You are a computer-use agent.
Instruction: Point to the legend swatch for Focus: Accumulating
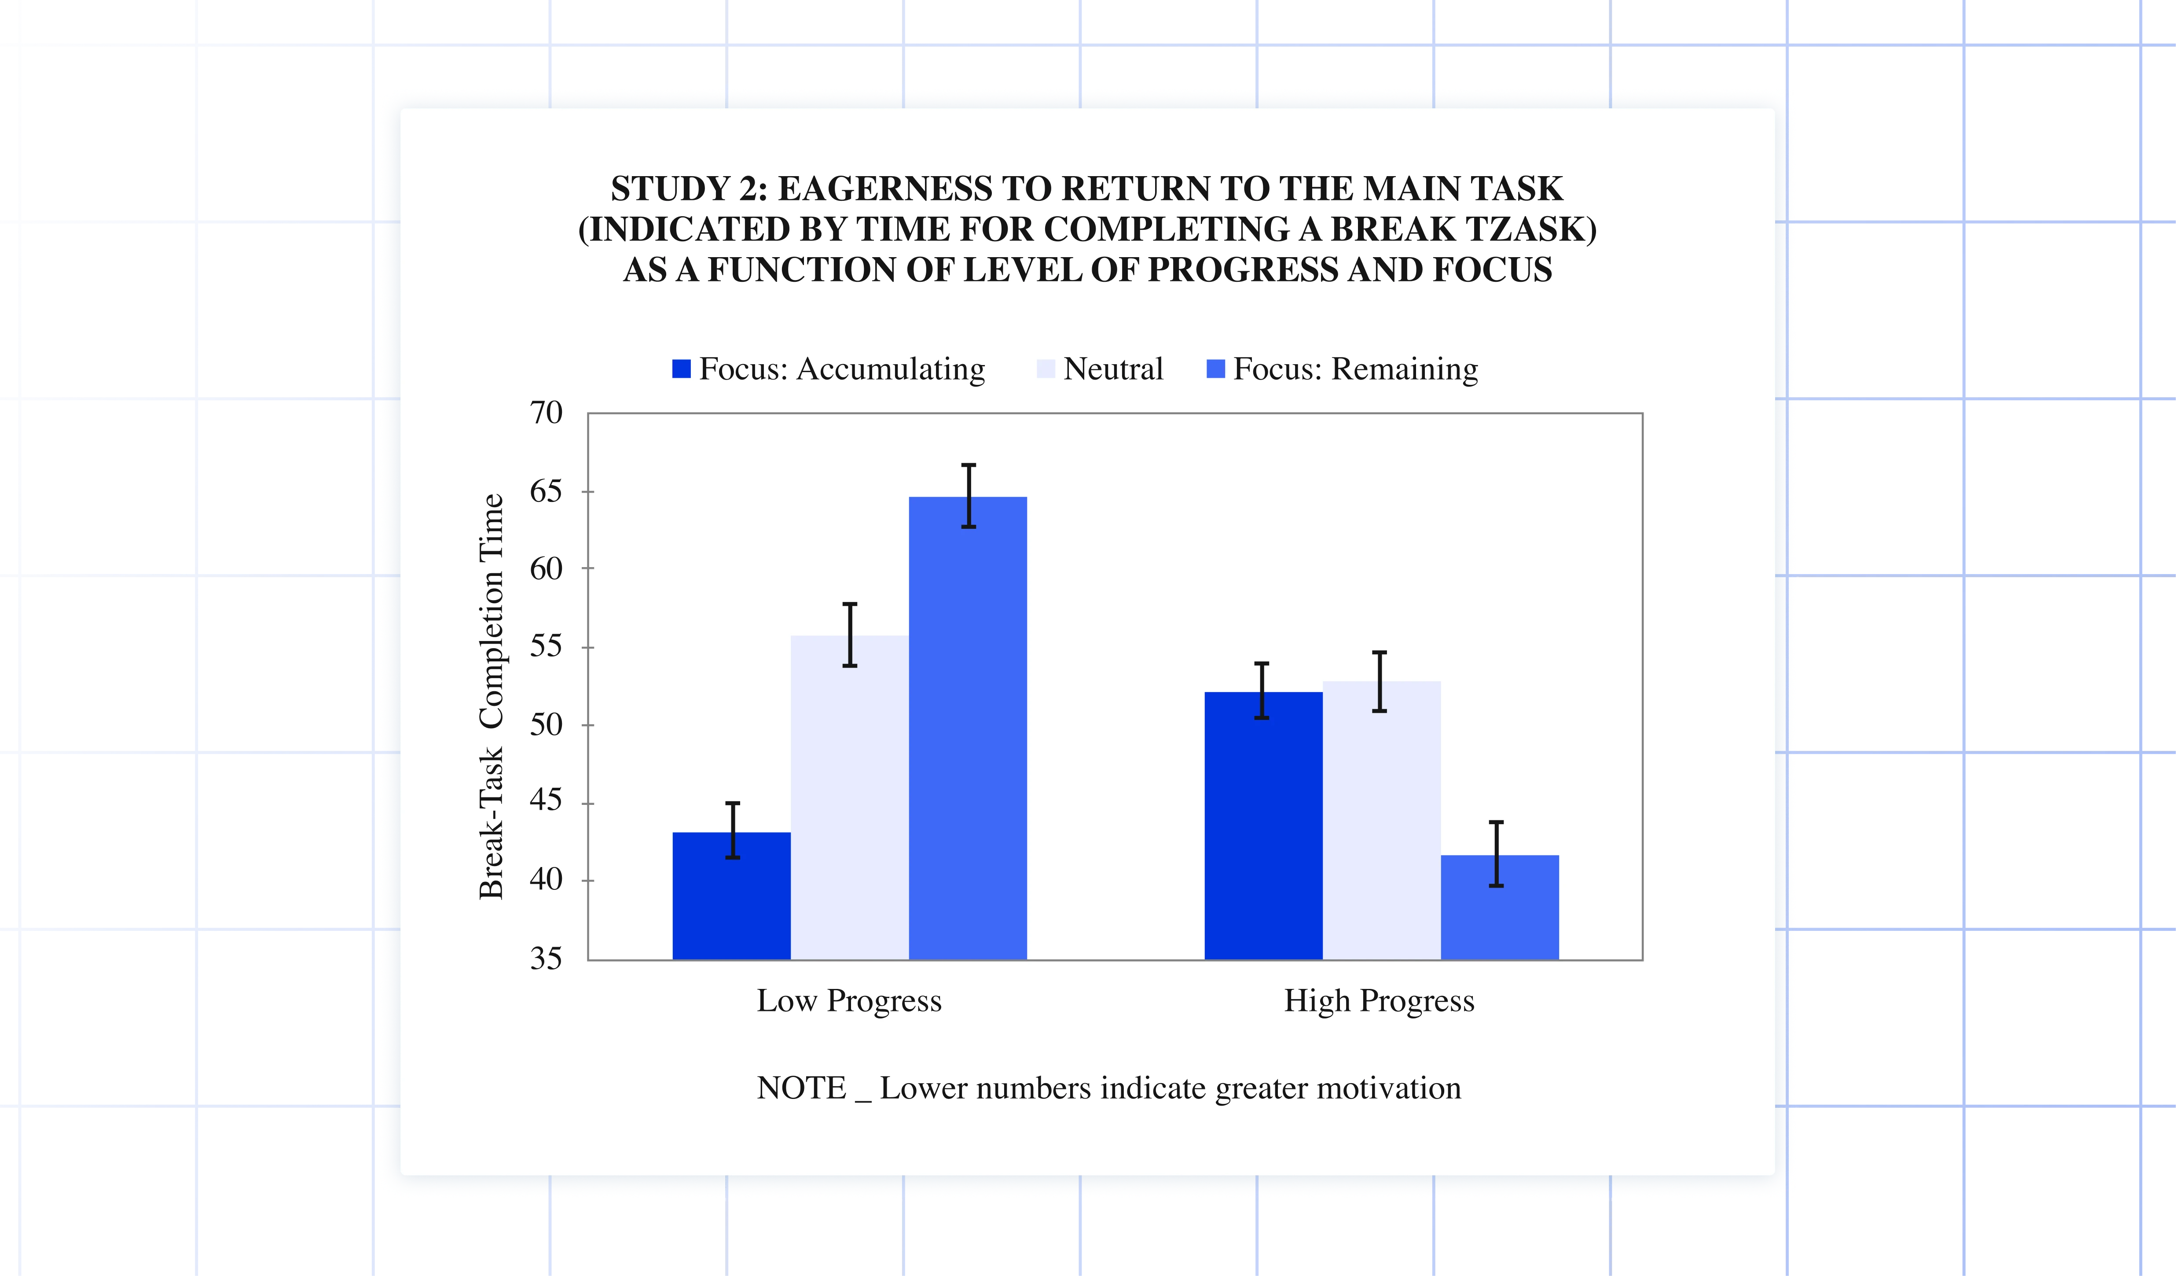tap(681, 369)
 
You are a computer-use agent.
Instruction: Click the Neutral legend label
tap(1113, 369)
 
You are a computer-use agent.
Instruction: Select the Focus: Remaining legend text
tap(1355, 369)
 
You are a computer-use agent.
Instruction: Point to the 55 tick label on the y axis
tap(546, 646)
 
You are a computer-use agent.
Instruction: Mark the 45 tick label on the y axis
tap(546, 802)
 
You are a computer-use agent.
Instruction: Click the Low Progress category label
tap(849, 1000)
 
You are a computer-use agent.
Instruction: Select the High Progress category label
tap(1379, 1000)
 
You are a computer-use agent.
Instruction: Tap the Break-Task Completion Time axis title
tap(492, 696)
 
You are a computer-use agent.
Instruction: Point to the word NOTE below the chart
tap(801, 1088)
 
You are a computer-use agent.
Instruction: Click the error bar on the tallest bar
tap(969, 496)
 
